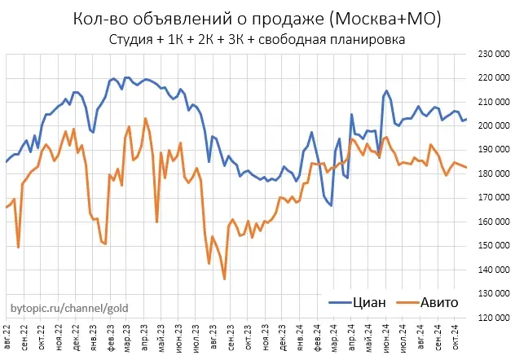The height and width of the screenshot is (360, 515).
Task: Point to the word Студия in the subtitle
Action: click(x=129, y=40)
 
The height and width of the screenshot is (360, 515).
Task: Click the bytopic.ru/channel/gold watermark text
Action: click(x=68, y=310)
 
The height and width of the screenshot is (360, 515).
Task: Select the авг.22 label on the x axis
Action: click(x=7, y=337)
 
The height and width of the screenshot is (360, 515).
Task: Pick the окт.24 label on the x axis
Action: click(x=454, y=337)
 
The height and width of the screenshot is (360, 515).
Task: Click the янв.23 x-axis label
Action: click(x=94, y=337)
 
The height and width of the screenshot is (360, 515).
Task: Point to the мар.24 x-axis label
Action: click(x=333, y=337)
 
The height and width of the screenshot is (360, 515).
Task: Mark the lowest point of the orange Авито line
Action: click(x=224, y=279)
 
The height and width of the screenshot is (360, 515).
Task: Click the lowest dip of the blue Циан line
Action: click(x=331, y=205)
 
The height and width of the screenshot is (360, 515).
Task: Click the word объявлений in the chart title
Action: click(x=174, y=19)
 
